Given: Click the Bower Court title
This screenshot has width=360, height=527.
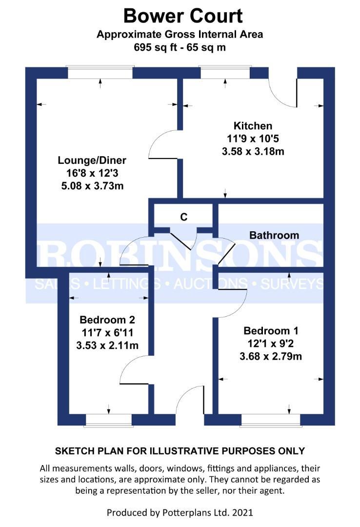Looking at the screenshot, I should (182, 16).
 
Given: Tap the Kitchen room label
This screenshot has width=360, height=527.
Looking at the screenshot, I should (253, 126).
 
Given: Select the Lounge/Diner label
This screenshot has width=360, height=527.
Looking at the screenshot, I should (92, 161).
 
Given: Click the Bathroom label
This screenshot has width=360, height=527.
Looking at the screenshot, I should (274, 235).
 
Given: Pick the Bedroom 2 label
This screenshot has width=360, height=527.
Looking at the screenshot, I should (107, 320).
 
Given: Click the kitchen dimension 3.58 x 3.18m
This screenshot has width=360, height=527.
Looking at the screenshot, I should (253, 151).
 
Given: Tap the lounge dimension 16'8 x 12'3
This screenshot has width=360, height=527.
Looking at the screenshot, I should (92, 173).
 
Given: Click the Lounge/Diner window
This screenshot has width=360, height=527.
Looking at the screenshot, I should (100, 73).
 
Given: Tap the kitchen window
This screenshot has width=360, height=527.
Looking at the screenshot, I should (225, 73).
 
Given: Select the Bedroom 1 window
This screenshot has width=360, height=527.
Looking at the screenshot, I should (271, 420).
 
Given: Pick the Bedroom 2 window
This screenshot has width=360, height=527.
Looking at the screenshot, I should (108, 420).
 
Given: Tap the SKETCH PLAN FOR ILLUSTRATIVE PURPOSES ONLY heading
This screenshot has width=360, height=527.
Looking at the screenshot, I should (180, 450).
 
